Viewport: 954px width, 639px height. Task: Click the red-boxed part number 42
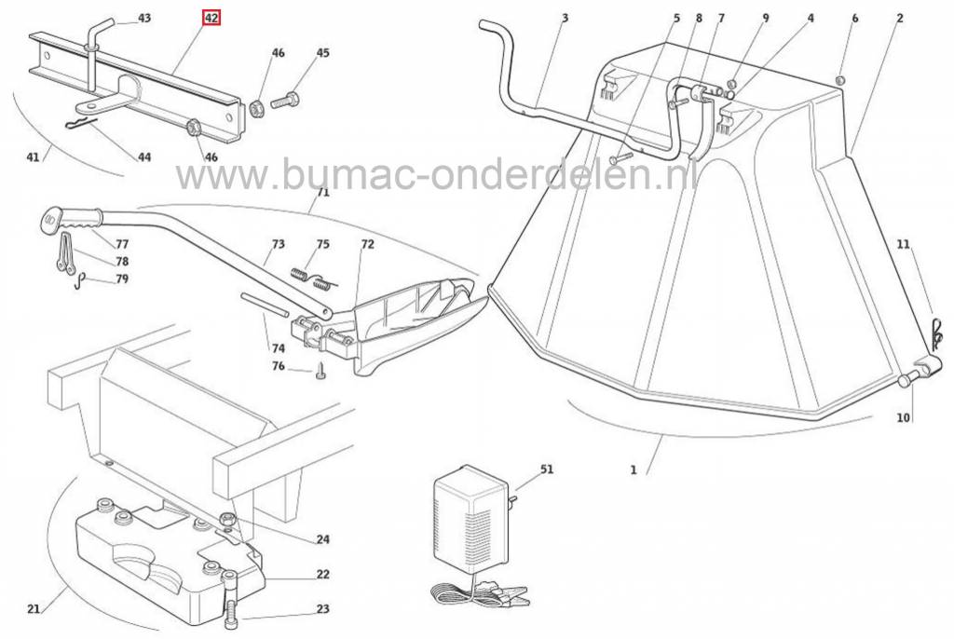[x=211, y=19]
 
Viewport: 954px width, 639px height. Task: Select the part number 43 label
[x=144, y=19]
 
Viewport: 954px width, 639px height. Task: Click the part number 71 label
[x=323, y=192]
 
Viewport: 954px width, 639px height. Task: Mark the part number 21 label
[x=34, y=608]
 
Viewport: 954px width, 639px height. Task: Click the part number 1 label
[x=634, y=469]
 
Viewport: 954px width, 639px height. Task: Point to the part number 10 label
[x=904, y=417]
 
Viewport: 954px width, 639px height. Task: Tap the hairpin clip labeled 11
[x=937, y=332]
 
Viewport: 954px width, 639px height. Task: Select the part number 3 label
[x=565, y=19]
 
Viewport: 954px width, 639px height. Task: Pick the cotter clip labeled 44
[x=81, y=123]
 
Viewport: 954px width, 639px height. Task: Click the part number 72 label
[x=367, y=244]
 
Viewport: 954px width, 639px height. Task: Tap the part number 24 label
[x=322, y=539]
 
